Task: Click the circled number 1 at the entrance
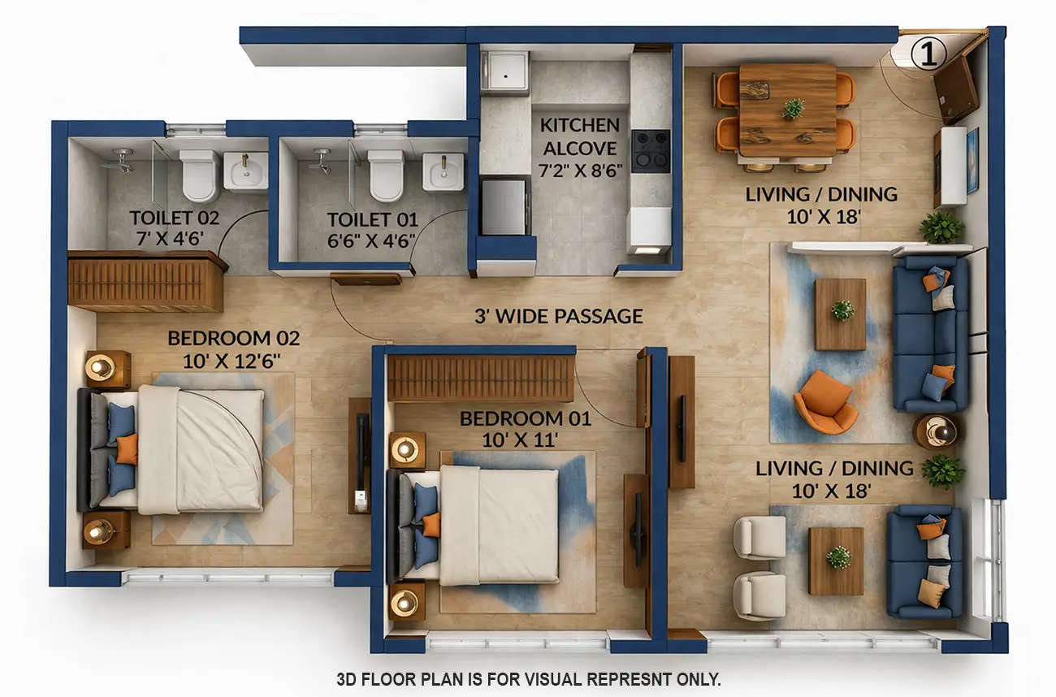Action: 929,54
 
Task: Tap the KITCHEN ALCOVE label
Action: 580,137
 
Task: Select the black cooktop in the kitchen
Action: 651,150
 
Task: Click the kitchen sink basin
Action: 505,72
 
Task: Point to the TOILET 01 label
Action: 372,220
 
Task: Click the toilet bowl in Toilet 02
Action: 199,174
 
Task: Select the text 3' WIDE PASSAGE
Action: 559,316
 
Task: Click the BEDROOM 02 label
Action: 234,338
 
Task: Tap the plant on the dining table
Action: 793,107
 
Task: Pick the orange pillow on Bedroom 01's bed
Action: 431,524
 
